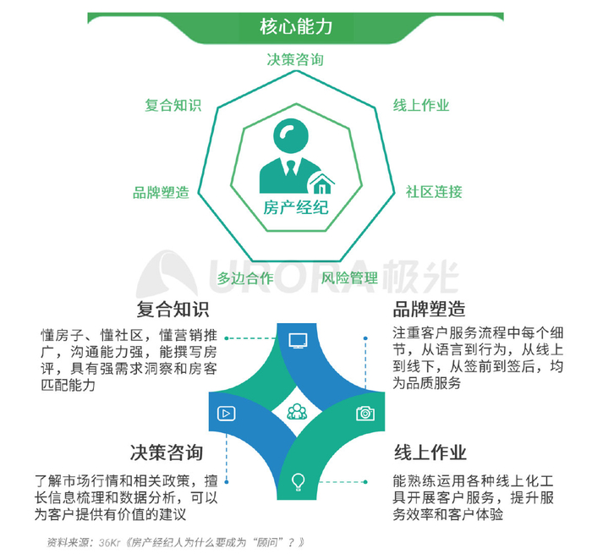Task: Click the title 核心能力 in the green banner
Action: tap(295, 26)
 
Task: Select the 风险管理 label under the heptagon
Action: tap(349, 277)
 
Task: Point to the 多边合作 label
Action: tap(245, 277)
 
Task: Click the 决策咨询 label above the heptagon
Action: tap(295, 59)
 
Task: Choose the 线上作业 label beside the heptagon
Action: tap(421, 106)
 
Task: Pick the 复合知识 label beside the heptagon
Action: tap(173, 106)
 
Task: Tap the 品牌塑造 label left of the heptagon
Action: tap(161, 192)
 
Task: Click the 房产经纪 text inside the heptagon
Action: tap(295, 207)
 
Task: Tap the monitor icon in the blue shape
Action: tap(298, 341)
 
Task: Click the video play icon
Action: tap(226, 414)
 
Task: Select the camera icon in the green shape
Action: tap(365, 413)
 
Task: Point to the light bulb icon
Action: tap(298, 482)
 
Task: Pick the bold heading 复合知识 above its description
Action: tap(173, 308)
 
